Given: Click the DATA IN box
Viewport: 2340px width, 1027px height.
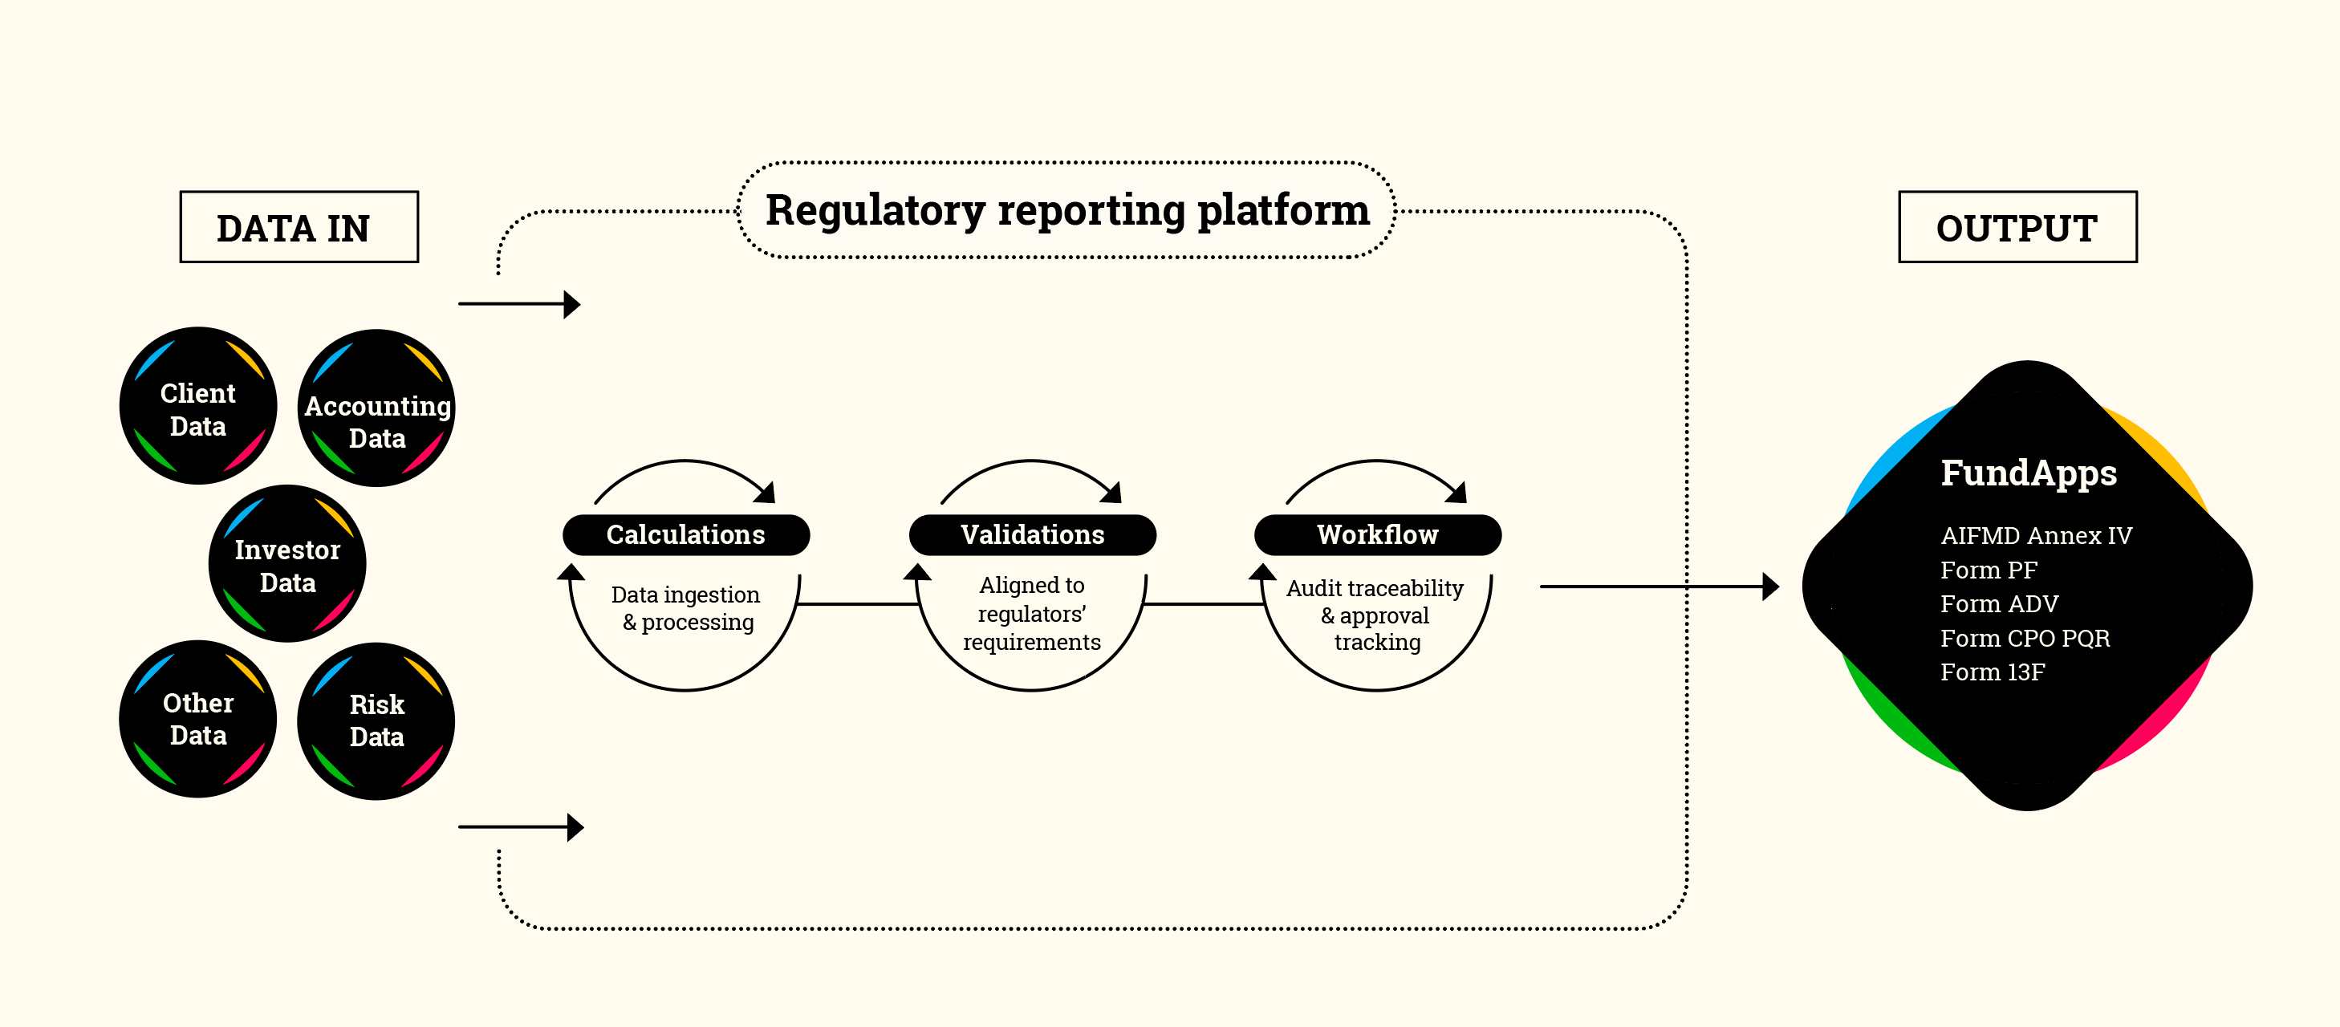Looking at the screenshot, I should point(299,227).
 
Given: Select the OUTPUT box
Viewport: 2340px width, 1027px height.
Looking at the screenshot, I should point(2017,227).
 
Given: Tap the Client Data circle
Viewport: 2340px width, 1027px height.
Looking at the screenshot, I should point(198,406).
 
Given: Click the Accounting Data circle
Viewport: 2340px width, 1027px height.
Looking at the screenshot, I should point(377,408).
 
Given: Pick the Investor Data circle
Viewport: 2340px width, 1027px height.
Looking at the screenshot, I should point(287,564).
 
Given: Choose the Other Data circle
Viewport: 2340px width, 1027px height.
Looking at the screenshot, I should point(198,718).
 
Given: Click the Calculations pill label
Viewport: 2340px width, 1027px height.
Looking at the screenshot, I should point(686,535).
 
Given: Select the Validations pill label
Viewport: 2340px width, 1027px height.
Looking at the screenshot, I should point(1032,535).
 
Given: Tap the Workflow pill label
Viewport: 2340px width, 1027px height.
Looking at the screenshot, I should point(1377,535).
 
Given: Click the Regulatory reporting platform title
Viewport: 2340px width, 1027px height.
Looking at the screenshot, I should point(1066,211).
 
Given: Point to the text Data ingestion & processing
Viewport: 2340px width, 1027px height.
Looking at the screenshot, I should point(687,607).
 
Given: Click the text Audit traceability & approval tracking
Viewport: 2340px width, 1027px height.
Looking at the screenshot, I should point(1375,615).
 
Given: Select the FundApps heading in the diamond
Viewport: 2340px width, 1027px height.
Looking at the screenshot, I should point(2028,473).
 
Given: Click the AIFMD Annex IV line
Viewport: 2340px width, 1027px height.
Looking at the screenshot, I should point(2035,536).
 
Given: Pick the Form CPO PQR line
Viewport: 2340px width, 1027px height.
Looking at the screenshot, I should point(2024,639).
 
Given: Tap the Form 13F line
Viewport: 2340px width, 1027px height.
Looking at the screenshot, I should point(1991,672).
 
